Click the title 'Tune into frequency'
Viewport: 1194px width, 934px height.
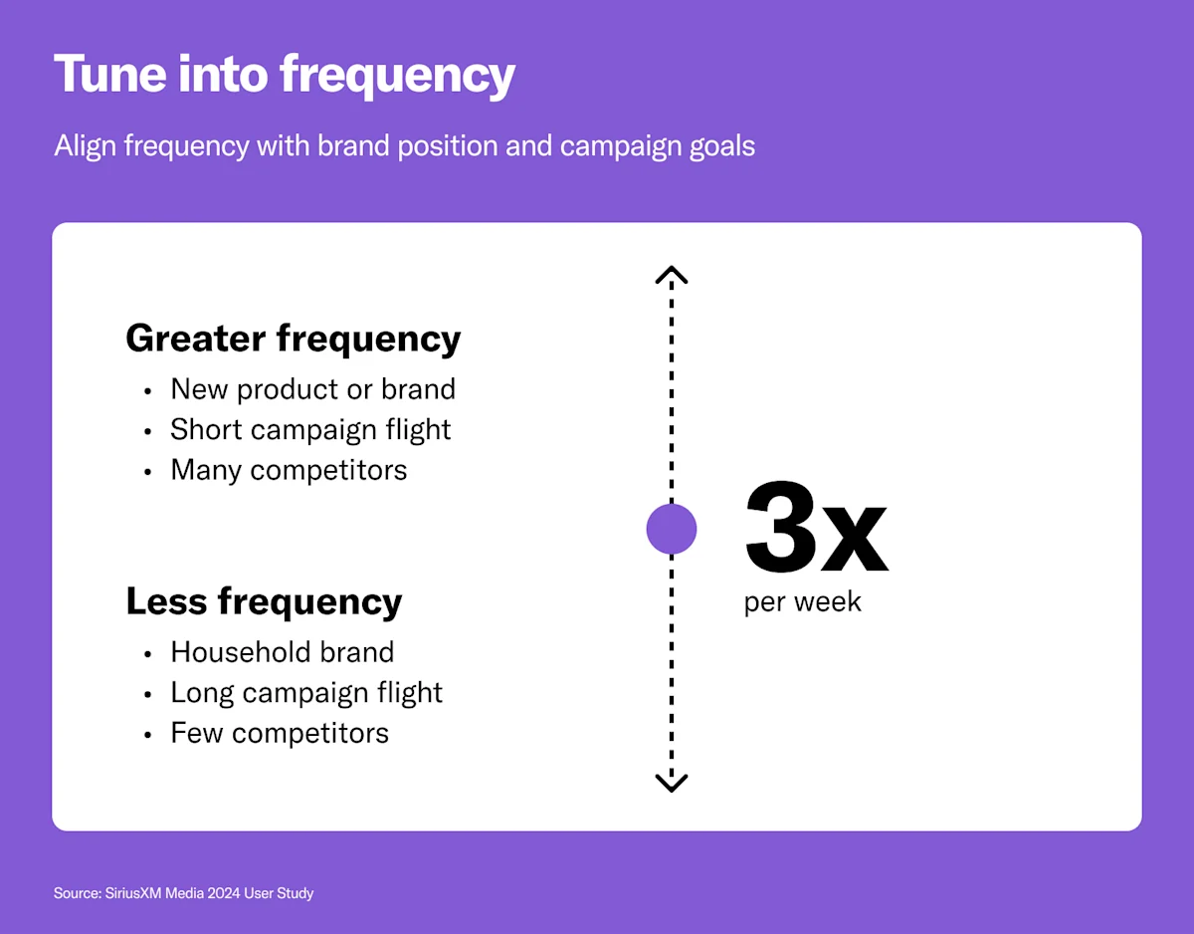285,75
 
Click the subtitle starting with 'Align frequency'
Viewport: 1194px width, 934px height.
404,146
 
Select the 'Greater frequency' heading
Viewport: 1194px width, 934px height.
293,339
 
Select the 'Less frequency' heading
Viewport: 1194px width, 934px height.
264,601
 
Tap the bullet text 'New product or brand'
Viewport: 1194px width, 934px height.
312,388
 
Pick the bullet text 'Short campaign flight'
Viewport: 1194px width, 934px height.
310,429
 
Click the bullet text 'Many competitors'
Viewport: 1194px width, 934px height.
289,470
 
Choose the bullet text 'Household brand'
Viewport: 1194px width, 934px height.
283,652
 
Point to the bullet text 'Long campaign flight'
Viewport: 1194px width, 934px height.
306,693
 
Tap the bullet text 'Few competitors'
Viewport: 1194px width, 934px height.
280,734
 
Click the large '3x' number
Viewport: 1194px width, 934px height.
815,529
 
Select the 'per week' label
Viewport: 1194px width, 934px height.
802,602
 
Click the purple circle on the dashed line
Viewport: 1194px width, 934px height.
672,529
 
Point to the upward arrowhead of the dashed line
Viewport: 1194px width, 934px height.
672,274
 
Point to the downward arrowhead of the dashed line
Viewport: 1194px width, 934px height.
672,783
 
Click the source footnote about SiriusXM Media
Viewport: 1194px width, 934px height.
183,893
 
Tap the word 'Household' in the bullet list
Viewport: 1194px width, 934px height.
234,652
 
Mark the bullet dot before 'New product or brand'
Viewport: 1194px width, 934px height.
148,391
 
